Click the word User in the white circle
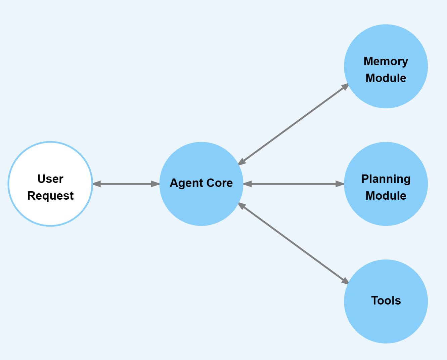pos(50,179)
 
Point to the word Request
pos(50,196)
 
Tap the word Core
pos(220,183)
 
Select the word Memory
pos(386,61)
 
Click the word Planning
pos(386,179)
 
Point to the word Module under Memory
pos(386,78)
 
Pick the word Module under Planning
pos(386,196)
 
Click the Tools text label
pos(386,301)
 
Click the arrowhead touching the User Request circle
pos(97,184)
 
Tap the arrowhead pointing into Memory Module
pos(345,87)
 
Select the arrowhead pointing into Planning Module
pos(340,184)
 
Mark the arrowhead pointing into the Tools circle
pos(345,281)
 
